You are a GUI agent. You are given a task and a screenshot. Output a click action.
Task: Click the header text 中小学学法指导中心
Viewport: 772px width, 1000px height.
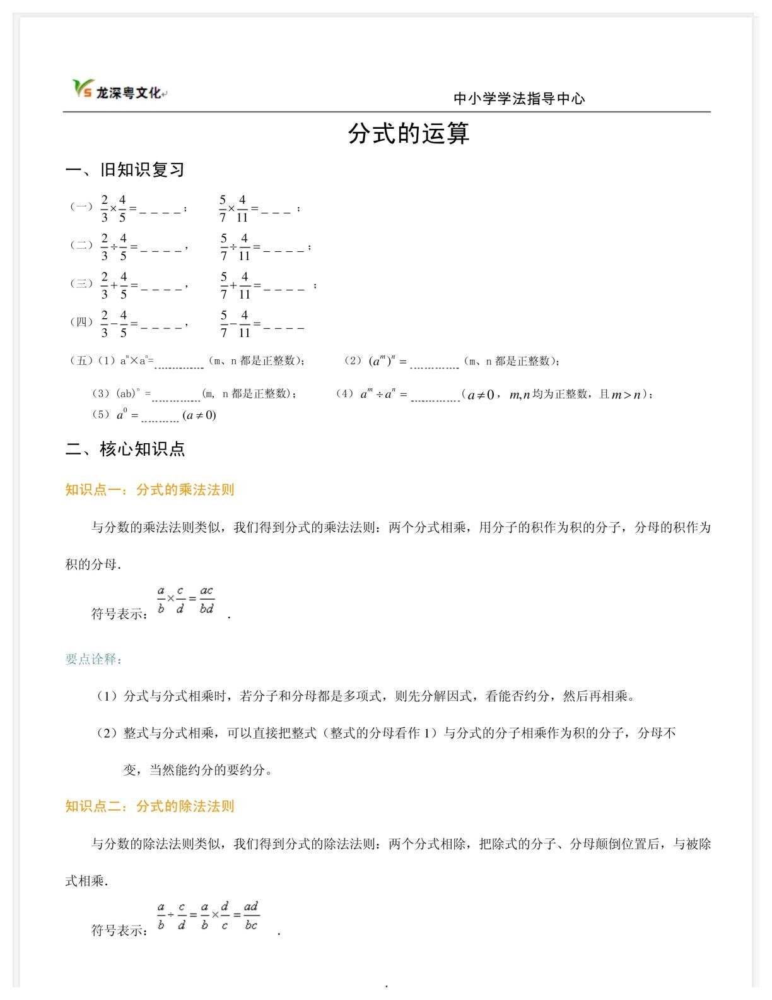coord(519,98)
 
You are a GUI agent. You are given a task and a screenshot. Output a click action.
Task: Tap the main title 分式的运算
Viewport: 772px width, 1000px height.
coord(409,134)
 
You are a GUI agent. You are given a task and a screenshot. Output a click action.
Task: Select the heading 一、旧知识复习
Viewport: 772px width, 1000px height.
coord(125,170)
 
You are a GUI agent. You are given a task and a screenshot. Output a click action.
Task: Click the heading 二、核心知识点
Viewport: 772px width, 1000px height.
coord(125,449)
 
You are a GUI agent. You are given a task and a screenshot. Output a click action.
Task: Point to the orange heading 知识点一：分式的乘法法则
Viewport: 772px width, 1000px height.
coord(149,489)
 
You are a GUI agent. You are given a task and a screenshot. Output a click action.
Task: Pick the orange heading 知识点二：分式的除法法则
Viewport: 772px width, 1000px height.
coord(149,806)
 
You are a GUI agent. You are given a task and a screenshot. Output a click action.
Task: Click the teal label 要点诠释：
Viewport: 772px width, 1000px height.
coord(93,659)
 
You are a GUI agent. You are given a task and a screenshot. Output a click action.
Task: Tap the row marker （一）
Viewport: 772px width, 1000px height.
coord(81,206)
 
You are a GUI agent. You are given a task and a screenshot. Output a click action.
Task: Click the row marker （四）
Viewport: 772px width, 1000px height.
coord(81,322)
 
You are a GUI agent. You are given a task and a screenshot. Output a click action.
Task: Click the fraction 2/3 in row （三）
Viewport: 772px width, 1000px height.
coord(105,285)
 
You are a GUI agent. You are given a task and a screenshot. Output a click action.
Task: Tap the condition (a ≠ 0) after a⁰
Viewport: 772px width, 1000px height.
coord(199,415)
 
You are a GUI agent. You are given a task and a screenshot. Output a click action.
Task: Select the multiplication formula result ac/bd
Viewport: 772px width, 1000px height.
coord(207,600)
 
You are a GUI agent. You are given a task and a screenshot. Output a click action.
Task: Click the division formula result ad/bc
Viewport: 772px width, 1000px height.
coord(251,915)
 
